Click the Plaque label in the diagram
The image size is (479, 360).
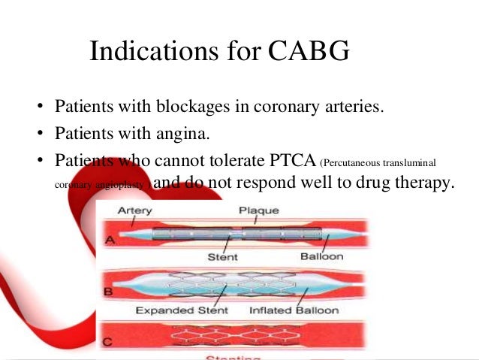click(x=256, y=212)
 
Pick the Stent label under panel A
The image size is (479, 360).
click(x=223, y=257)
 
